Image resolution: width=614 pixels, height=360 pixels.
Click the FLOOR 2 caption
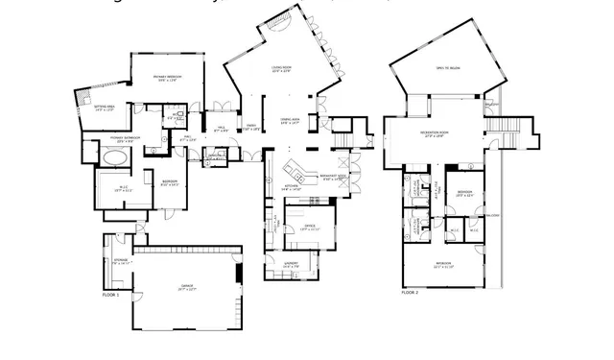411,291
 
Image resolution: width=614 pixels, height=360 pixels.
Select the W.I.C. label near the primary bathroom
123,188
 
